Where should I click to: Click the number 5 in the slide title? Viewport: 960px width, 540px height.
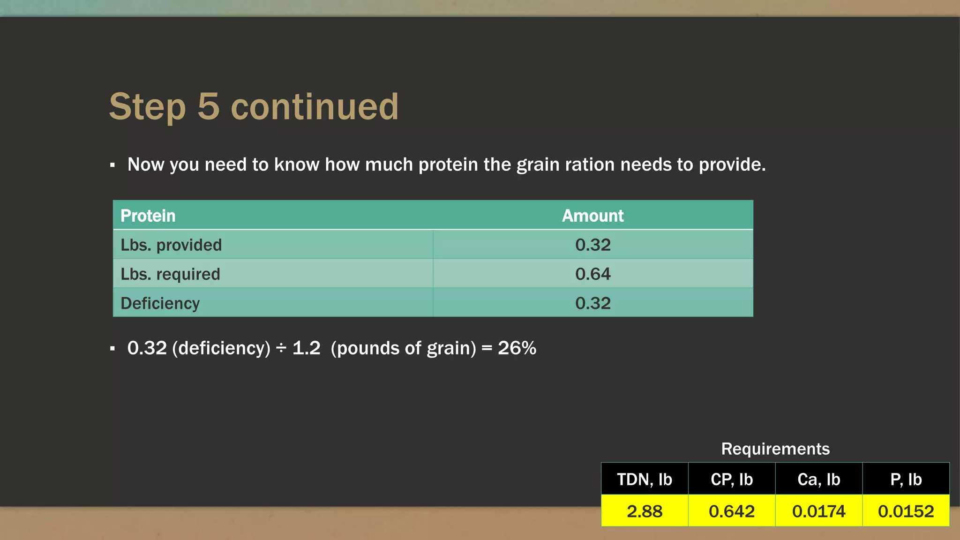209,107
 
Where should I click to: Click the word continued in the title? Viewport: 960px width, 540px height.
315,107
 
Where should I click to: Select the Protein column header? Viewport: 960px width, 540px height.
148,216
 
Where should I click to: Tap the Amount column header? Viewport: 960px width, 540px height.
592,216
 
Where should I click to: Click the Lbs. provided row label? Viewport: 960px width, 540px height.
171,245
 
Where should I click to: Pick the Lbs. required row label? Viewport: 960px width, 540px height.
170,274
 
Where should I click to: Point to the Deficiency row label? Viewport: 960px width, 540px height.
160,303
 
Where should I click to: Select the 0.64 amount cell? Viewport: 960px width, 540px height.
592,274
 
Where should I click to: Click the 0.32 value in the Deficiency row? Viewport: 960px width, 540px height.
592,303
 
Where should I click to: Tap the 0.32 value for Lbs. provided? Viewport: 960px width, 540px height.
592,245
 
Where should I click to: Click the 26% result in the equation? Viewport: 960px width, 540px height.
517,348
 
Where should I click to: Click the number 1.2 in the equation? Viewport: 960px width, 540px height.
306,348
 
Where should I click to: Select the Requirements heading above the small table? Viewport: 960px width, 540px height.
775,449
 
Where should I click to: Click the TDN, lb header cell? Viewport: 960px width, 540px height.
645,479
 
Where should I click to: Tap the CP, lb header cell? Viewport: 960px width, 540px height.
732,479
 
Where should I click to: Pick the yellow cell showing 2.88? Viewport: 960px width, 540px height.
645,511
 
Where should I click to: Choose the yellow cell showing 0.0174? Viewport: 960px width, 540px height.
818,511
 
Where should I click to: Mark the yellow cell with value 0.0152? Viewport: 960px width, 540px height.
906,511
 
